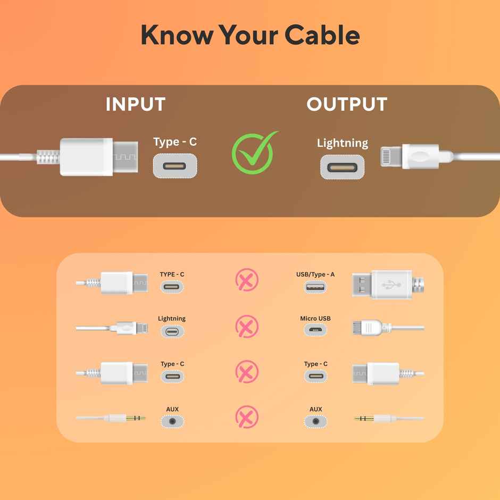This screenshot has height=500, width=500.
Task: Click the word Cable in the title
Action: tap(322, 35)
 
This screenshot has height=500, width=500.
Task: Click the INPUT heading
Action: tap(136, 104)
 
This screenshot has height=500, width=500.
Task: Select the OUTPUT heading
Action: tap(347, 104)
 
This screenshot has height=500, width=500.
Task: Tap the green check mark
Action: tap(254, 153)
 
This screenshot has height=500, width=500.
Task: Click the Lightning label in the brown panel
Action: tap(343, 143)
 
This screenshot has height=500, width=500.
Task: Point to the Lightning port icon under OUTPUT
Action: tap(343, 167)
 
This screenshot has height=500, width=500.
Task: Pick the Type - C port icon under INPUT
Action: tap(175, 166)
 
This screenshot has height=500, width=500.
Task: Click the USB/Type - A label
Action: tap(315, 274)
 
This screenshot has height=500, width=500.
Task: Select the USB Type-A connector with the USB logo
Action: tap(388, 284)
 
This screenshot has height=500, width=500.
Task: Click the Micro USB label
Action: tap(315, 318)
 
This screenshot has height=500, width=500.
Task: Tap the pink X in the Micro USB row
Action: tap(247, 326)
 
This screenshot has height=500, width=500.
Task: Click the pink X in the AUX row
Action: tap(247, 416)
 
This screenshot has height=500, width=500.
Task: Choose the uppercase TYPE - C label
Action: tap(172, 274)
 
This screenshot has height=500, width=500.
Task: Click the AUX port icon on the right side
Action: tap(315, 421)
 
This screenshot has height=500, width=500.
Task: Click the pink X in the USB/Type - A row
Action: tap(247, 280)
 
